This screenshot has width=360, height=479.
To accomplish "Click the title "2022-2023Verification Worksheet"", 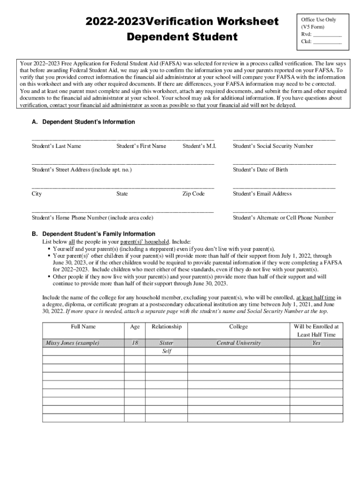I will click(181, 22).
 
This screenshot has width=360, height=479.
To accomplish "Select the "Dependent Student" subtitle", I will click(181, 36).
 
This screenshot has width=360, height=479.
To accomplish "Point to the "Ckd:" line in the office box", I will click(321, 42).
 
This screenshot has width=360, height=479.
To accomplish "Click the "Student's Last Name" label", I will click(56, 146).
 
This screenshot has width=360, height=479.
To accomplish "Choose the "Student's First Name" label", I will click(141, 146).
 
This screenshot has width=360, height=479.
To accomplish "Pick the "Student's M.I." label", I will click(199, 146).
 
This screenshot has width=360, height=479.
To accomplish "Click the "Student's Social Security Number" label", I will click(273, 146).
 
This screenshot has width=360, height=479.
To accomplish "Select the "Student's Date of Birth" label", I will click(260, 169).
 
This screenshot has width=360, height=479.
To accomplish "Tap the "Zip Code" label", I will click(193, 194).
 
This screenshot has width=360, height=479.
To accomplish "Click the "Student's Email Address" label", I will click(262, 194).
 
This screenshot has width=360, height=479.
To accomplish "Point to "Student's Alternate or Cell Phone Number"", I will click(283, 218).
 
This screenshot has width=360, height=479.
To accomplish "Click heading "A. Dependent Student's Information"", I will click(83, 122).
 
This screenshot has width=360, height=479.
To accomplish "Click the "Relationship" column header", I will click(166, 327).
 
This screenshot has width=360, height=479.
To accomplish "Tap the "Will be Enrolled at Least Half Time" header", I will click(316, 331).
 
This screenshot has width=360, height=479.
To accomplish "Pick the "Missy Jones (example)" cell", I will click(72, 343).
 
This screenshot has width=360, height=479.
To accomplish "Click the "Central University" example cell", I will click(238, 343).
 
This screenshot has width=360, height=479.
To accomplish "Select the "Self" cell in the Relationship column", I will click(166, 351).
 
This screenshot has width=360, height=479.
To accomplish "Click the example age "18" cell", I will click(135, 343).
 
